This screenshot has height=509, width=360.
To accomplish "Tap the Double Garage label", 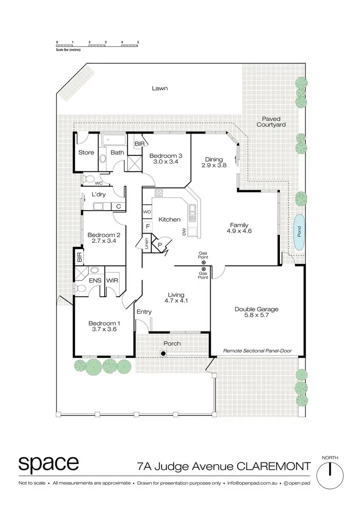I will tap(256, 309).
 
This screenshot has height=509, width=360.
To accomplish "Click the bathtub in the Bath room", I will tap(114, 140).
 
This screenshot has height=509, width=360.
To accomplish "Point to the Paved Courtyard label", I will tap(271, 121).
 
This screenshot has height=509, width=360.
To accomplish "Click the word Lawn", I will tap(159, 88).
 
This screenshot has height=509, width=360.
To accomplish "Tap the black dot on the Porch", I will tap(163, 354).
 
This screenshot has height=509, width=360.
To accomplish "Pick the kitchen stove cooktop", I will tap(159, 193).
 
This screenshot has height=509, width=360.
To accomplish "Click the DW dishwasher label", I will tap(184, 231).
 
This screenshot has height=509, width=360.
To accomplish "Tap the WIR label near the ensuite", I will tap(112, 280).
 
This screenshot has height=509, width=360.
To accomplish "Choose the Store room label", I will tap(86, 153).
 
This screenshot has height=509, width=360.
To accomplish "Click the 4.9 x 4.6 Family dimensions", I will tap(240, 231).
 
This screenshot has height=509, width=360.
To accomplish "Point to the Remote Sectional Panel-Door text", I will tap(257, 351).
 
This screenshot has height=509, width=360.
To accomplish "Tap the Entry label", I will tap(144, 312).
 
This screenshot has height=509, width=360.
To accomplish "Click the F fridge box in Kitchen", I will tap(148, 225).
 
